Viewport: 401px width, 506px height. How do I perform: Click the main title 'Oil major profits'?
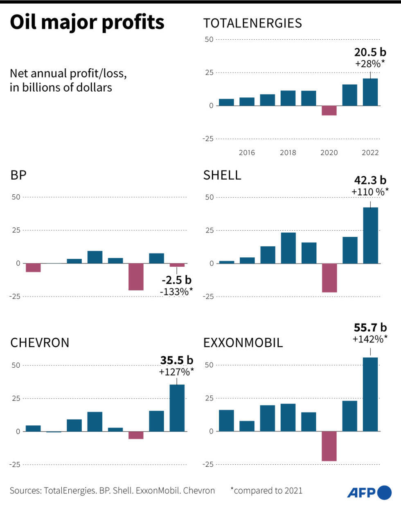pos(87,22)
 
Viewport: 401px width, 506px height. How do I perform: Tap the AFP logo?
pos(369,492)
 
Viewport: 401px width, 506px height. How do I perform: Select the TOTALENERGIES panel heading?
pos(252,23)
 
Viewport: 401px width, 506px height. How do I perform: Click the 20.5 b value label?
pos(370,52)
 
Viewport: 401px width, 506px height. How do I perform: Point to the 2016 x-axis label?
pos(247,153)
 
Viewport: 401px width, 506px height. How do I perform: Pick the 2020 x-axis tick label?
pos(329,153)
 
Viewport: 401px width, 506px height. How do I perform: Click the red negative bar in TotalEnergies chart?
pos(329,110)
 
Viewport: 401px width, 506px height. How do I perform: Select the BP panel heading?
pos(18,175)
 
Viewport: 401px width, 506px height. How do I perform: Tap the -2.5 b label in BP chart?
pos(176,280)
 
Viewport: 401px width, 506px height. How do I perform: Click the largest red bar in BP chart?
pos(136,277)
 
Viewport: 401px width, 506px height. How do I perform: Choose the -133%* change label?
pos(176,292)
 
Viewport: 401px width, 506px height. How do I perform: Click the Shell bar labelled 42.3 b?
pos(370,235)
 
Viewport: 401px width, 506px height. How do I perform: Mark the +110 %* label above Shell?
pos(370,192)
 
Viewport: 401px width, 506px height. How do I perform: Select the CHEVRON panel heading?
pos(40,343)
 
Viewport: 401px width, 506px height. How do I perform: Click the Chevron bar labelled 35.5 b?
pos(177,408)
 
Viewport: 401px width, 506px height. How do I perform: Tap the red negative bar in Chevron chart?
pos(136,435)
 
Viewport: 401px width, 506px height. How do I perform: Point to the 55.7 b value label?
pos(370,327)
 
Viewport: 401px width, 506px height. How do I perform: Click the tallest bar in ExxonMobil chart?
pos(370,394)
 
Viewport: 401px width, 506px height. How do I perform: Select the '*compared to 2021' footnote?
pos(266,490)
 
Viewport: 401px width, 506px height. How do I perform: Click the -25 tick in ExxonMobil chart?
pos(208,464)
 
